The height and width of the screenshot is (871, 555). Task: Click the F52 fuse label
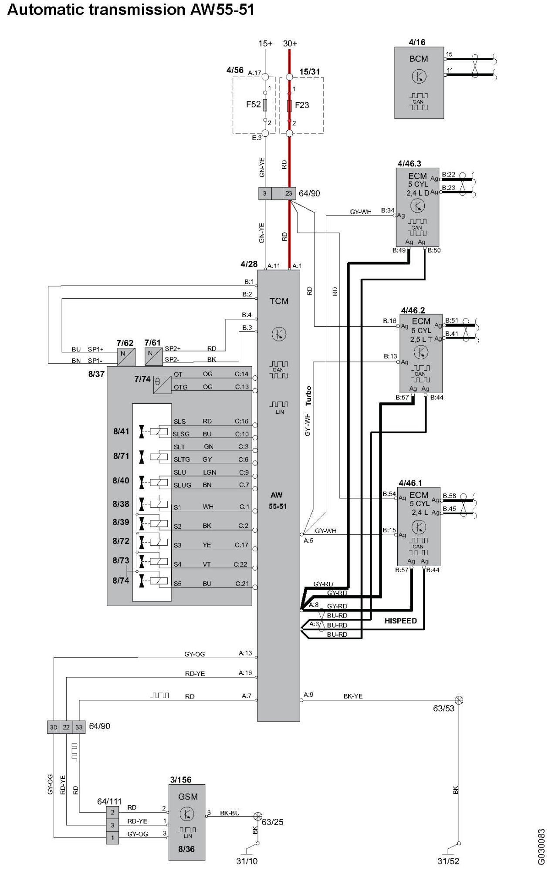253,105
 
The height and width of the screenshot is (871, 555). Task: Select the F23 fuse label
302,105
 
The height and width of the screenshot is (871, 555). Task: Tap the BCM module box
419,83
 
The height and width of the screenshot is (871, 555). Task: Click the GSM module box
187,823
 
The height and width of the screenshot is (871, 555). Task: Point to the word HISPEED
400,621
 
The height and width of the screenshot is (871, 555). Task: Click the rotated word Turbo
308,395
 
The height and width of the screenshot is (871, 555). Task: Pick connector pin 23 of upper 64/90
289,193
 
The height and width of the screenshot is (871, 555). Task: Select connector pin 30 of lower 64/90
54,727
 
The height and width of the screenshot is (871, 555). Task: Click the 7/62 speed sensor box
126,357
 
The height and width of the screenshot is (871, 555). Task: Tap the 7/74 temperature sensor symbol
162,385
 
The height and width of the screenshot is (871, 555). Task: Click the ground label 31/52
448,861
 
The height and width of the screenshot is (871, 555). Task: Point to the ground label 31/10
247,861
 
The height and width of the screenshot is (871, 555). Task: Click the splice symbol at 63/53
459,700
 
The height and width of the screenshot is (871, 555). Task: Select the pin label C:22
240,564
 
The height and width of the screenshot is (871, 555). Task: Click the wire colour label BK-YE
353,696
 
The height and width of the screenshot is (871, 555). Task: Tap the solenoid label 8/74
121,581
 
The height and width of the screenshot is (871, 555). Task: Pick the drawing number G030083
541,841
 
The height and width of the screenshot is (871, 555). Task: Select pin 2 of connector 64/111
112,812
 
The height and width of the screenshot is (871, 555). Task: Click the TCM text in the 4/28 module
279,301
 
